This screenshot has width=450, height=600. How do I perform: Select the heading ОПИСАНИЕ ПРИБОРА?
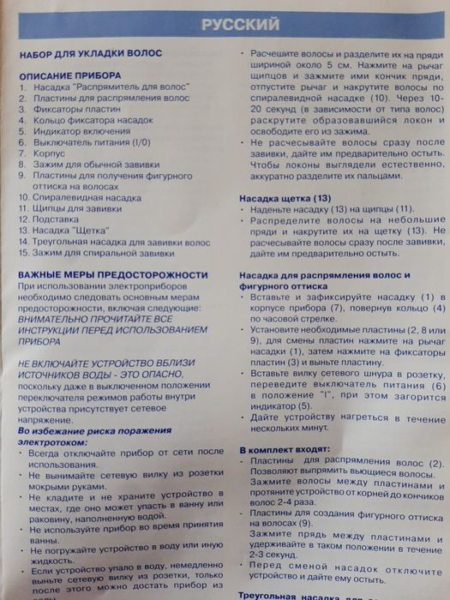pyautogui.click(x=69, y=76)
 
